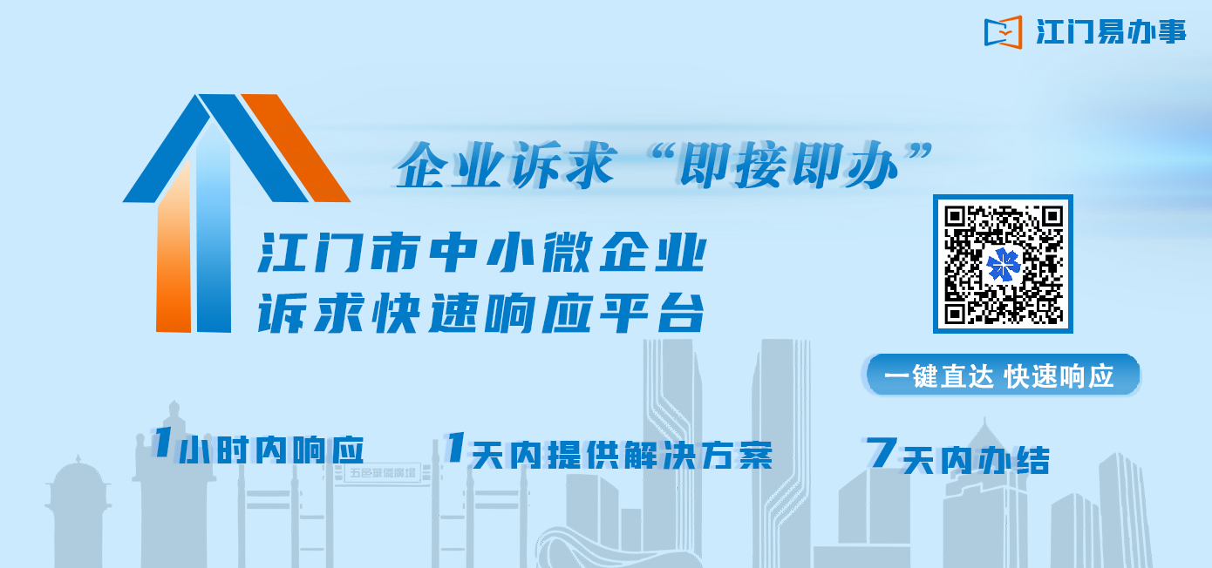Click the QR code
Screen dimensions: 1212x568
pos(1003,264)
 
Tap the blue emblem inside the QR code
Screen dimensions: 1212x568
pos(1003,265)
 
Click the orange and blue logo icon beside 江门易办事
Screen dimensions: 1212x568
pos(1003,32)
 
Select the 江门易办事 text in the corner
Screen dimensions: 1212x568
pos(1111,31)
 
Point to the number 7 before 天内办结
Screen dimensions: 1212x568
pos(881,452)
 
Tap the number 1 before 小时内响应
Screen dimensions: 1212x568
pos(161,442)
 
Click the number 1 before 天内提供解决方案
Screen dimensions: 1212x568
pos(455,447)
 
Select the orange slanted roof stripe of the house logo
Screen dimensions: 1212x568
pos(296,147)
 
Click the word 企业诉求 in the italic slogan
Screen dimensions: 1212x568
pos(507,165)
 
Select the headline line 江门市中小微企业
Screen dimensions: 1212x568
pos(482,252)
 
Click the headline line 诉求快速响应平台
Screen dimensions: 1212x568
pos(481,313)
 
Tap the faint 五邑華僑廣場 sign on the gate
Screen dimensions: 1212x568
pos(383,473)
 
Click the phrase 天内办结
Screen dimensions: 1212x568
pos(976,461)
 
